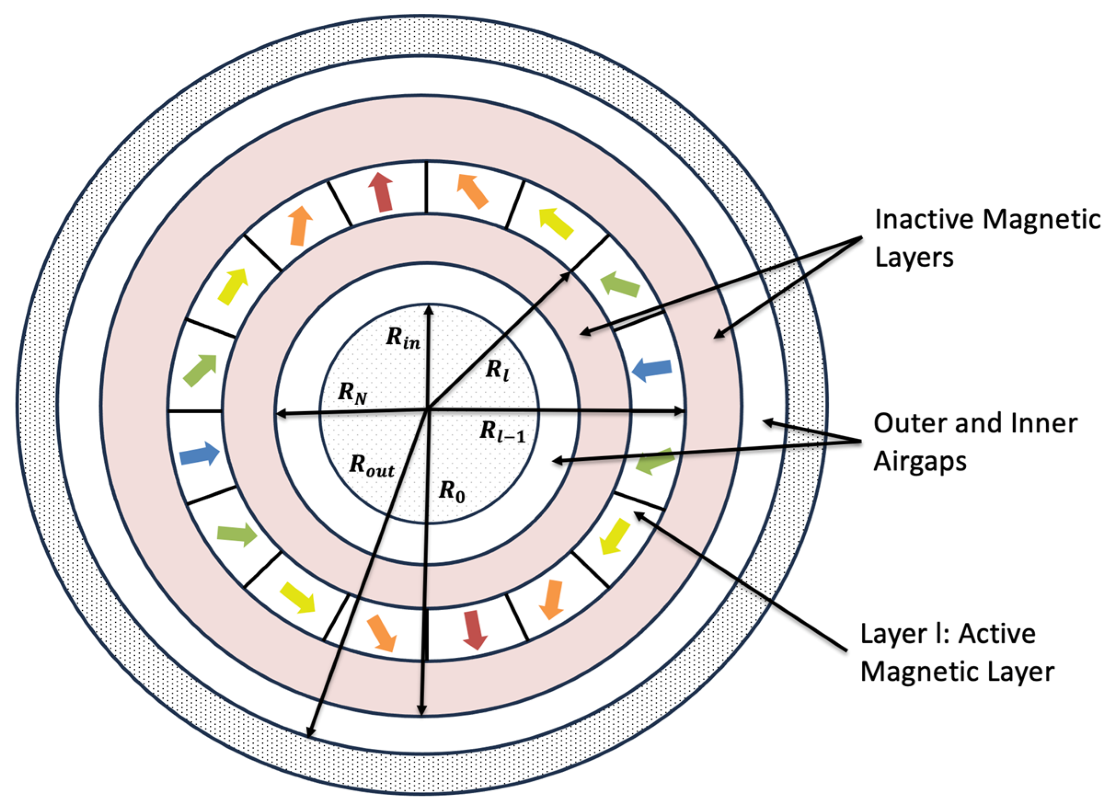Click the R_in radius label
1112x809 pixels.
(x=403, y=338)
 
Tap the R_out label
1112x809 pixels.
(x=372, y=465)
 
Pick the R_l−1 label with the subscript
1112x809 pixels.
(x=503, y=432)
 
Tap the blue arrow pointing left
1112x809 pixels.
(x=652, y=369)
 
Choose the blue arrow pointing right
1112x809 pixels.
(x=199, y=454)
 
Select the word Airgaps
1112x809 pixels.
(x=920, y=462)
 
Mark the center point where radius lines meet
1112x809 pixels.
(x=429, y=407)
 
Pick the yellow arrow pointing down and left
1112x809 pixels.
(x=615, y=536)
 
